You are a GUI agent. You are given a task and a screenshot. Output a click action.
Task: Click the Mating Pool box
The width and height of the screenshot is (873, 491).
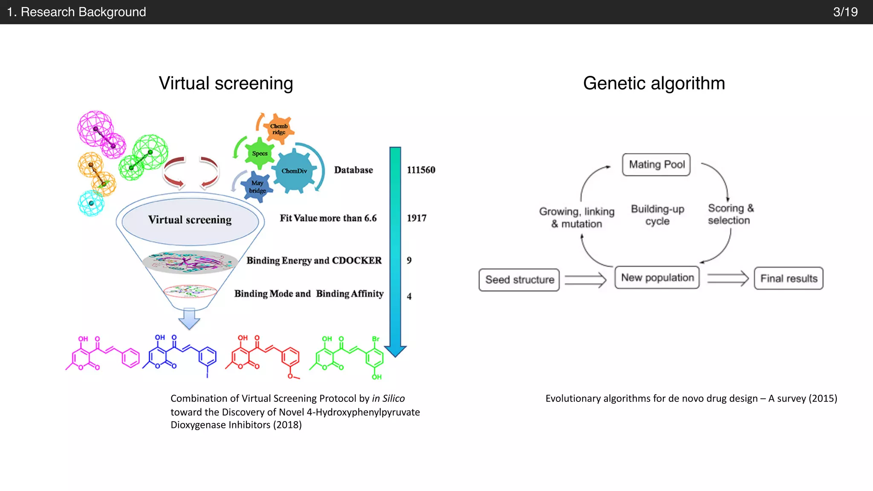[656, 165]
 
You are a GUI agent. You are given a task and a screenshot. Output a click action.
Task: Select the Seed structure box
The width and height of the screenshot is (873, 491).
[519, 280]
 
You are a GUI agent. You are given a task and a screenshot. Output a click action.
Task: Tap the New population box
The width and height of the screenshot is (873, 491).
[657, 277]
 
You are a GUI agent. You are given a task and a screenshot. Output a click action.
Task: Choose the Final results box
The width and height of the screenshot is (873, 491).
[788, 278]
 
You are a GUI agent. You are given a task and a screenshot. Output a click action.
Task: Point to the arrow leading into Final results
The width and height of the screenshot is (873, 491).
[728, 278]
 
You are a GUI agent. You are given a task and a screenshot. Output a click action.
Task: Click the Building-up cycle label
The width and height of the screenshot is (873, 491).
[657, 215]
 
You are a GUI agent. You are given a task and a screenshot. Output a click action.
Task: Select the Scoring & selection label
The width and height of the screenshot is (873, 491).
[730, 214]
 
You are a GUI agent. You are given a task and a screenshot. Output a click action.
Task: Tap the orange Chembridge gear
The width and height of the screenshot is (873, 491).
[279, 129]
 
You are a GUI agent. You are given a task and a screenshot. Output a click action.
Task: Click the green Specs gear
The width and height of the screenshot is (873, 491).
[260, 153]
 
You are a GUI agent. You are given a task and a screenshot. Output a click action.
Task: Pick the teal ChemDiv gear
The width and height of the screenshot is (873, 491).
[294, 171]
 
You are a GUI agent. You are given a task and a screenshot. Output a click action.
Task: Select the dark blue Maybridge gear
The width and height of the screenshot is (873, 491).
[257, 187]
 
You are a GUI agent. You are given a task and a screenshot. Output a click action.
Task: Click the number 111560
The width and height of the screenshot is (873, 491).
[421, 170]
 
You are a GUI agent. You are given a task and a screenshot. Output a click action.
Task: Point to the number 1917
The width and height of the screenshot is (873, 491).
[416, 218]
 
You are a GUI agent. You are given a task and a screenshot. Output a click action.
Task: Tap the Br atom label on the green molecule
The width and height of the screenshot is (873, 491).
[376, 339]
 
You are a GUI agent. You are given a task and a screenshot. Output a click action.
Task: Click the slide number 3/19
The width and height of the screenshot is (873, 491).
[845, 12]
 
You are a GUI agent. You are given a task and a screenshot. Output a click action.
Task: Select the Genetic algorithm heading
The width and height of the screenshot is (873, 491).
[653, 83]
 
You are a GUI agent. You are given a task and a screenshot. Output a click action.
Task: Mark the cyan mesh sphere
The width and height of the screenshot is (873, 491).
[91, 203]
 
